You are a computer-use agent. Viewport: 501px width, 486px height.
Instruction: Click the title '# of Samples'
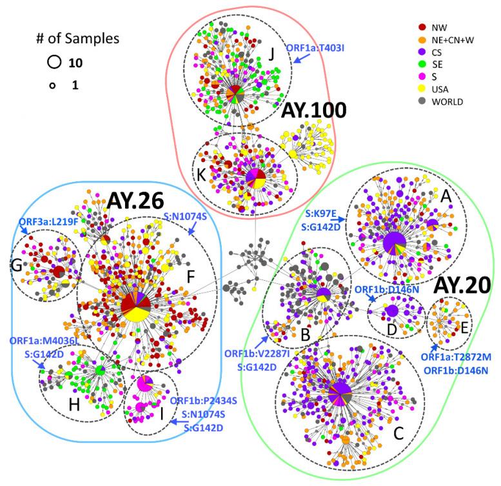click(x=77, y=38)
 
